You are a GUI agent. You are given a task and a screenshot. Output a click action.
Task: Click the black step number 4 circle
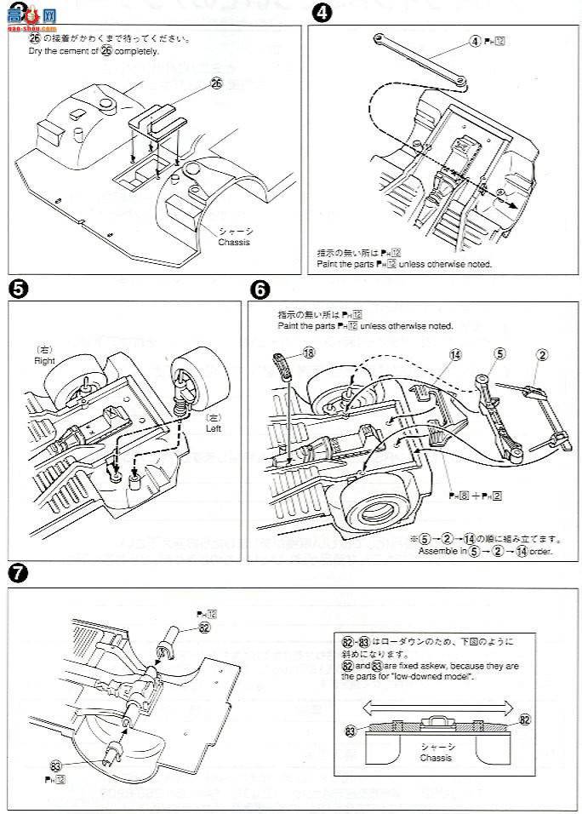point(319,13)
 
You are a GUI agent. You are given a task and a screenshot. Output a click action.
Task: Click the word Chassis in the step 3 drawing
point(235,242)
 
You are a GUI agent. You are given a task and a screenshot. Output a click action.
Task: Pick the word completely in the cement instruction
point(136,51)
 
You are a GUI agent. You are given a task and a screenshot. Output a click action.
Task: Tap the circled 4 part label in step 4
point(475,41)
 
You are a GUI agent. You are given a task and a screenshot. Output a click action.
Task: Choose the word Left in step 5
point(213,428)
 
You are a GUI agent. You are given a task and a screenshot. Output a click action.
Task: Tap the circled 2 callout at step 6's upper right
point(542,353)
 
